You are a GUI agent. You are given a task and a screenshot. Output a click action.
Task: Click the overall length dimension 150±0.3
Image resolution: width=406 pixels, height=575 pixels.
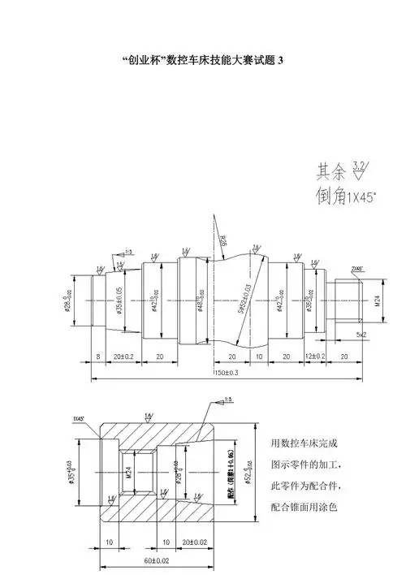tap(227, 373)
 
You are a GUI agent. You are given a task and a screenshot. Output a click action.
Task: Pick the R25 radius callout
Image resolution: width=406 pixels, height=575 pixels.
tap(222, 239)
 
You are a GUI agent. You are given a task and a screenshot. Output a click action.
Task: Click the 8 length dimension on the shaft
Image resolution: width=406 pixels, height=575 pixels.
tap(97, 357)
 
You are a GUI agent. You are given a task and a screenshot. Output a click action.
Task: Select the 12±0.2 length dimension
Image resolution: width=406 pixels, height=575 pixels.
tap(314, 357)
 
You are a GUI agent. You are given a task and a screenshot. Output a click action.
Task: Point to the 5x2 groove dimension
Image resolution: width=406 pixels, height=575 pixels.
tap(360, 334)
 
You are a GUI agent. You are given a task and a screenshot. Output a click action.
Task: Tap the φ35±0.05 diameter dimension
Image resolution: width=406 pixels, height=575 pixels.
tap(119, 300)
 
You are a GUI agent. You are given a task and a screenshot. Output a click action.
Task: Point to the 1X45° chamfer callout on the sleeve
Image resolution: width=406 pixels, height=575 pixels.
tap(79, 417)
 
